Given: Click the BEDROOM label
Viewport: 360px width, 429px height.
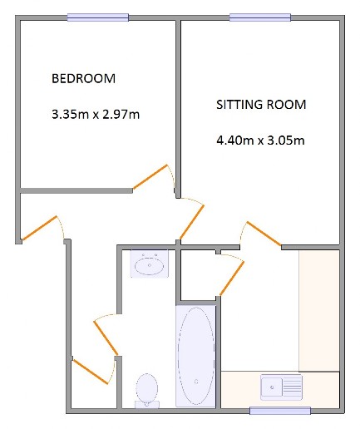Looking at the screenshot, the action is point(83,78).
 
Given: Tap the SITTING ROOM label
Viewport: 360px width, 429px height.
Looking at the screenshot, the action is point(261,105).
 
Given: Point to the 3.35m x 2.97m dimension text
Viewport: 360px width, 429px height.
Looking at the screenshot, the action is point(96,114).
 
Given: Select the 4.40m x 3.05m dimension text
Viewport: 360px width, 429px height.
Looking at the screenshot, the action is point(260,141).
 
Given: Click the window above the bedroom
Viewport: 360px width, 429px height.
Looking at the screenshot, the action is point(98,17).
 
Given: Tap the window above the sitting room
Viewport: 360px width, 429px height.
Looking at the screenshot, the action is point(260,17).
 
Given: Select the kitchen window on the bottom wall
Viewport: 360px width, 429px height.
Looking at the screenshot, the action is point(280,411).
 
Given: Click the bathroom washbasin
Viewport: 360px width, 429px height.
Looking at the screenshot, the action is point(150,264).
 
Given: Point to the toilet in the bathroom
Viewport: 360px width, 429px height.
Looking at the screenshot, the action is point(147,391).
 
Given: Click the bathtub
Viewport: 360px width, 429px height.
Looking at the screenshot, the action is point(196,357).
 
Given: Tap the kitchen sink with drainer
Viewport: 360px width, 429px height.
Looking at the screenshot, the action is point(281,387).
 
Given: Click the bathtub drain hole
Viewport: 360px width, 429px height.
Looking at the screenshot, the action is point(196,382).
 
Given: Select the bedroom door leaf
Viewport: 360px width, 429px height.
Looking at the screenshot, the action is point(150,177).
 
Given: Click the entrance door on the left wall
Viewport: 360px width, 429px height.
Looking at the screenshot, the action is point(39,228).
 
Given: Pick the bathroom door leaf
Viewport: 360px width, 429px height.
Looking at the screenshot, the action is point(106,338).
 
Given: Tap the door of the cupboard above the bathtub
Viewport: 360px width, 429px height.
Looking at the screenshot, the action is point(232,279).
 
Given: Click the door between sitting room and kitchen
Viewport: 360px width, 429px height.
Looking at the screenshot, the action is point(264,234).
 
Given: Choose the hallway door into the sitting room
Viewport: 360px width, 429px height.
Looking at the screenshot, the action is point(192,222).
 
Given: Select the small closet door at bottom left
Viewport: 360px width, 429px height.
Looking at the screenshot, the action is point(90,372).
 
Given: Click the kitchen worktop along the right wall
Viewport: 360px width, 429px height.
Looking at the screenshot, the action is point(319,311).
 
